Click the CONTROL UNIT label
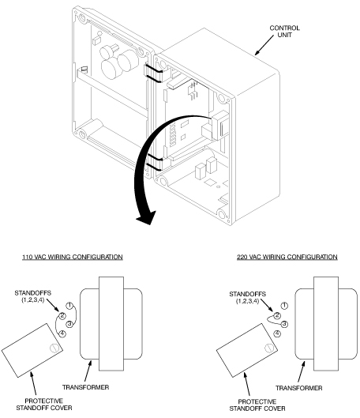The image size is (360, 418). pyautogui.click(x=284, y=32)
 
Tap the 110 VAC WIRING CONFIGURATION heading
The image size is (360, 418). pyautogui.click(x=73, y=257)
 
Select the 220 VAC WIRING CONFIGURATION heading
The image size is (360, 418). pyautogui.click(x=287, y=257)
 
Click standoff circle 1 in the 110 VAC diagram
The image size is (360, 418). pyautogui.click(x=69, y=306)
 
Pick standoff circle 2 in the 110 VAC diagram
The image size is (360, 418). pyautogui.click(x=62, y=316)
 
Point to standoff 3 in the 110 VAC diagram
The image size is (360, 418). pyautogui.click(x=69, y=324)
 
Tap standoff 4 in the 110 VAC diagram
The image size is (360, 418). pyautogui.click(x=62, y=333)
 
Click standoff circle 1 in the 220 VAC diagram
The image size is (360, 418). pyautogui.click(x=285, y=306)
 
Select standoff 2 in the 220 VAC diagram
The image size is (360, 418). pyautogui.click(x=277, y=315)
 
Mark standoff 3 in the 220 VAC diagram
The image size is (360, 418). pyautogui.click(x=285, y=324)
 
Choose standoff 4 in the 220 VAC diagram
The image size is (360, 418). pyautogui.click(x=277, y=333)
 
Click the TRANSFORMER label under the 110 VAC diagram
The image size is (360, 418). pyautogui.click(x=86, y=387)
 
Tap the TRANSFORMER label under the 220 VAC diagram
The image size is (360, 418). pyautogui.click(x=298, y=388)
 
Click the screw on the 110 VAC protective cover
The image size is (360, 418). pyautogui.click(x=54, y=348)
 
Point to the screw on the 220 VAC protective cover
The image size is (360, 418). pyautogui.click(x=269, y=348)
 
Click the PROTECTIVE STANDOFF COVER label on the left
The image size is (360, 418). pyautogui.click(x=44, y=405)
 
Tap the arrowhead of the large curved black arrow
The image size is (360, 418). pyautogui.click(x=146, y=217)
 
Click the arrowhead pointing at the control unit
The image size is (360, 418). pyautogui.click(x=257, y=52)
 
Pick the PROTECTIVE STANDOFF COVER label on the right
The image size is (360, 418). pyautogui.click(x=257, y=405)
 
